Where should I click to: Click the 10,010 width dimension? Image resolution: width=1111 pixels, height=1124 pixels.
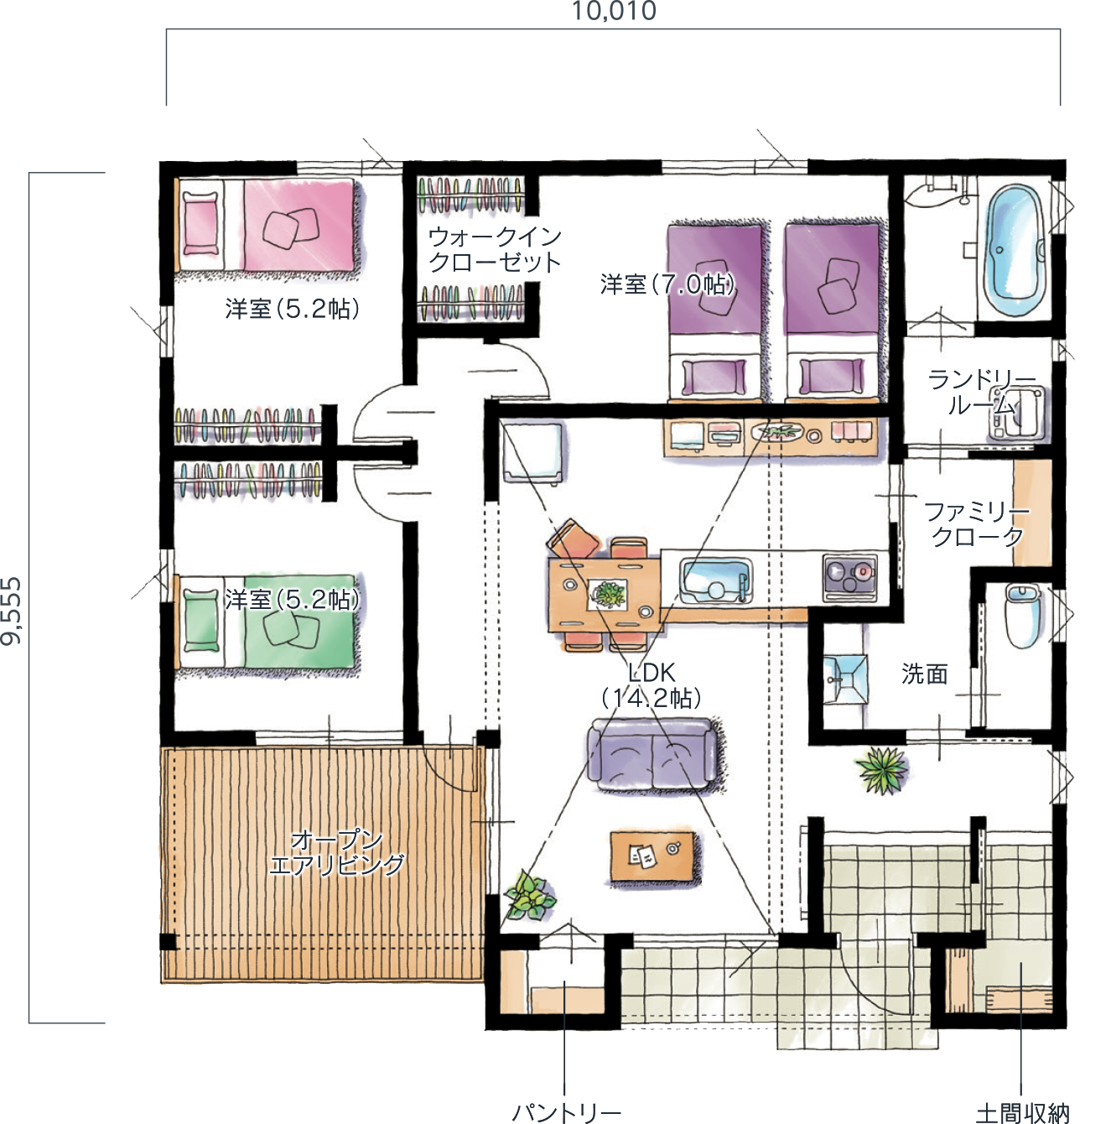[614, 11]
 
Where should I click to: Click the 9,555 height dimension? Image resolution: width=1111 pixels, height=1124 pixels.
[12, 611]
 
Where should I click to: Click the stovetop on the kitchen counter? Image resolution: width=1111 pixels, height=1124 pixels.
[850, 577]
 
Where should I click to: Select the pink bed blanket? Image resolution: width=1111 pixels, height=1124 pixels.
[298, 226]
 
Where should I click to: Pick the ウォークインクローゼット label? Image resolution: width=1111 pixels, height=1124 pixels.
[495, 250]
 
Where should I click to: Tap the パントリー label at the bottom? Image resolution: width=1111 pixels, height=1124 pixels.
[566, 1111]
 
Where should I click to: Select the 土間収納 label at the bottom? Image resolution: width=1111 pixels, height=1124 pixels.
[1022, 1112]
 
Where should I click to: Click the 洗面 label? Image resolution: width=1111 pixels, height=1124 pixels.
[924, 674]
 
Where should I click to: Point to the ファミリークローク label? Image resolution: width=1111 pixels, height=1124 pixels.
[977, 524]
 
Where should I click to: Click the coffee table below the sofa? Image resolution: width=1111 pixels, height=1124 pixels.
[652, 857]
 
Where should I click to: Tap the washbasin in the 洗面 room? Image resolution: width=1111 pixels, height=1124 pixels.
[844, 679]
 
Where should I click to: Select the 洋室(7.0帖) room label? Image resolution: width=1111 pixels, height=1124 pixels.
[667, 284]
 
